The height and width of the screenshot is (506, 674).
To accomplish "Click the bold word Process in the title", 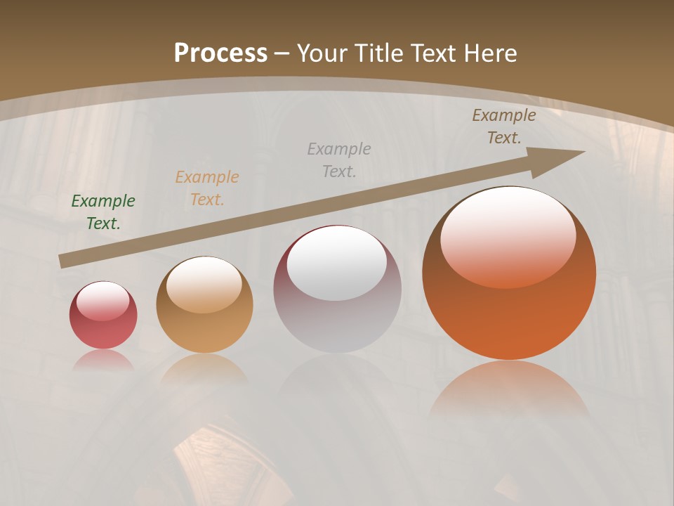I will point(220,53).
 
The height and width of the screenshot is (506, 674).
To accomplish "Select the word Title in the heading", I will point(379,53).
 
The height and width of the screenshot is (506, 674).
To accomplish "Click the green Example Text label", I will point(103,212).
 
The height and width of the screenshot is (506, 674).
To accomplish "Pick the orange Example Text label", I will point(207,188).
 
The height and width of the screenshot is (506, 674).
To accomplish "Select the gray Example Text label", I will point(339,160).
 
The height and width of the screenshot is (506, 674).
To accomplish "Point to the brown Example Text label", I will point(504,126).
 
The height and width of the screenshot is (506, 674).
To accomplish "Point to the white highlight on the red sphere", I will point(103,301).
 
